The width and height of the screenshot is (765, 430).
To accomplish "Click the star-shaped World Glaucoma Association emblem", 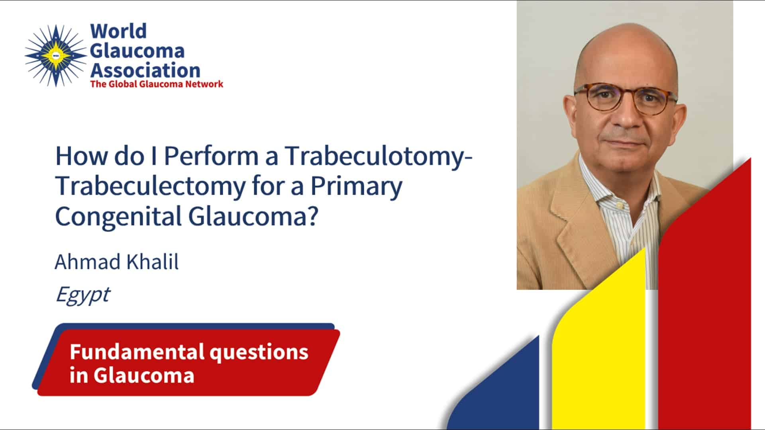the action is point(56,56).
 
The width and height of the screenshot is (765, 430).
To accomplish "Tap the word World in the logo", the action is point(118,31).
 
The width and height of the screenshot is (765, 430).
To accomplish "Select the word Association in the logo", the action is point(145,70).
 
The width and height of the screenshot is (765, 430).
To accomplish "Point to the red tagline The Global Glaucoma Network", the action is point(157,84).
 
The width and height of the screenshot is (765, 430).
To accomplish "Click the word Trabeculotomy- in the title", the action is point(378,156).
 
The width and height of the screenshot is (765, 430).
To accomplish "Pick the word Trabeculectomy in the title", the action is point(150,186).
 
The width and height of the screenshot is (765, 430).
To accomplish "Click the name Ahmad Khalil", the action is point(117,262).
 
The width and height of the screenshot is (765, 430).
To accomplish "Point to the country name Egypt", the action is point(82,295).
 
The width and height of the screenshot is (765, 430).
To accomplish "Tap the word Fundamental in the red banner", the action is point(137,352).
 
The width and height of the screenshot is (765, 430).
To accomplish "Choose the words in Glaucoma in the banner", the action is point(132,375).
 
